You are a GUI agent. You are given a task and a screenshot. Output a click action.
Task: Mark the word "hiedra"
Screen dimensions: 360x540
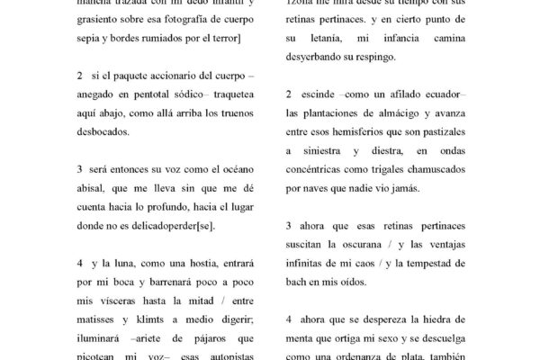(x=445, y=319)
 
